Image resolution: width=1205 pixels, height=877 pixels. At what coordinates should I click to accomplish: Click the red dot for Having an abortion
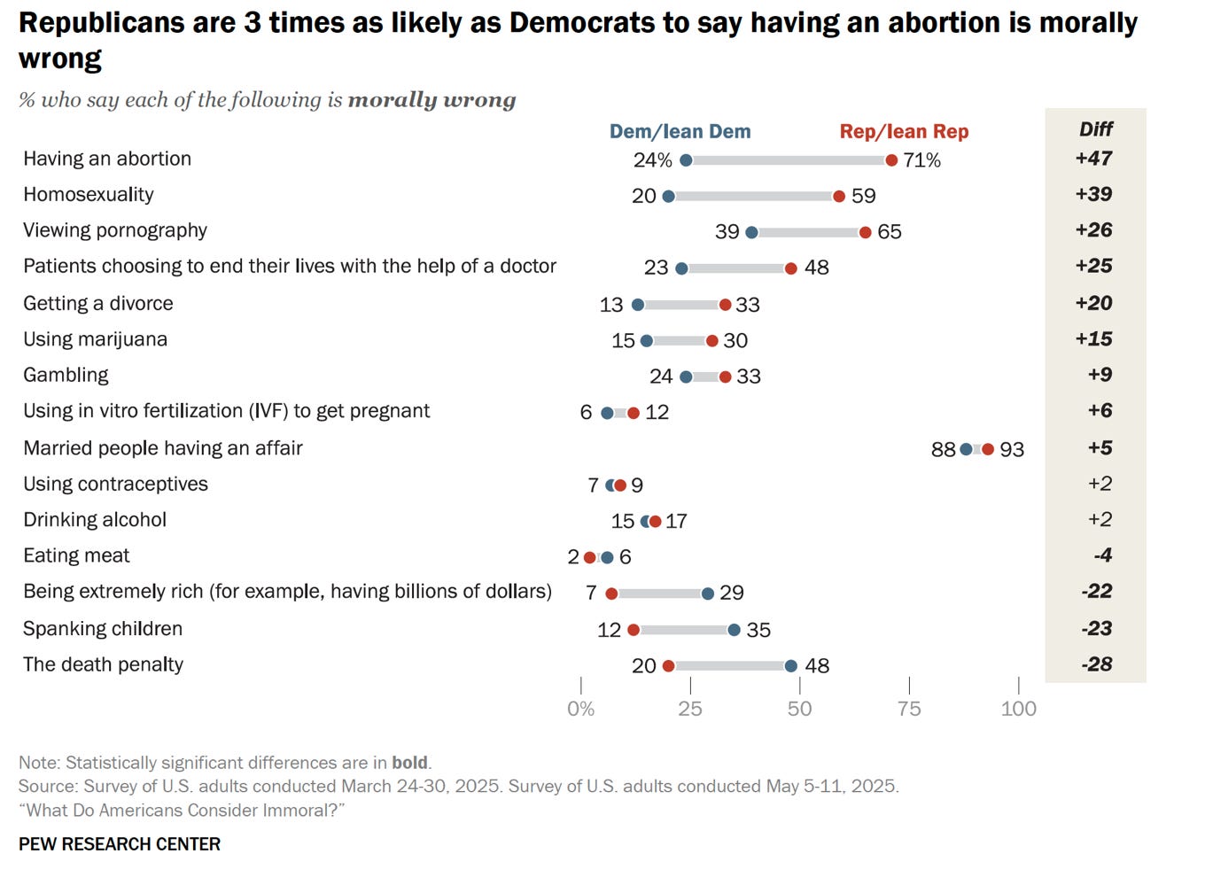click(x=891, y=160)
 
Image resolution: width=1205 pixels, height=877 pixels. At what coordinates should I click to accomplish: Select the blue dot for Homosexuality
click(x=668, y=196)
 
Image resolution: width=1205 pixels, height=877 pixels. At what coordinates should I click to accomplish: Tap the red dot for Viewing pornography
click(x=865, y=232)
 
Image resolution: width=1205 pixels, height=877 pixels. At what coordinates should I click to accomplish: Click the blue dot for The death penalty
click(x=790, y=666)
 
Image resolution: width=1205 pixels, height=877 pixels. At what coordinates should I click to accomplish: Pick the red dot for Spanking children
click(x=633, y=630)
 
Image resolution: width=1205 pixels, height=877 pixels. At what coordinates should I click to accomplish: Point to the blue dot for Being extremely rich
click(x=707, y=594)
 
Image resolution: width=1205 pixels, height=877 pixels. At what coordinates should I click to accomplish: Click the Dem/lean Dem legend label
click(x=680, y=132)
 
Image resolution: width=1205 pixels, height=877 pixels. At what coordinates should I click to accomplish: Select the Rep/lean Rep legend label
click(x=904, y=132)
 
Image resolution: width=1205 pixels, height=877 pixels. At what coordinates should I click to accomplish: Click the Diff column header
click(x=1095, y=129)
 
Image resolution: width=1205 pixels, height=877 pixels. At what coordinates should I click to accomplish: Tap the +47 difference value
click(x=1093, y=159)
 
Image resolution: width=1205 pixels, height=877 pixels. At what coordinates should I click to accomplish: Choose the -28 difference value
click(x=1096, y=664)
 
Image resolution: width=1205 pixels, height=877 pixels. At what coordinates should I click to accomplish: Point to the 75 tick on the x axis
click(x=909, y=709)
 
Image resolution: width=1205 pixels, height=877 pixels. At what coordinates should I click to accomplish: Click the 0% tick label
click(x=580, y=709)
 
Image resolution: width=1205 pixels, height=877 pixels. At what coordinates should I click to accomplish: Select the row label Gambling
click(x=66, y=375)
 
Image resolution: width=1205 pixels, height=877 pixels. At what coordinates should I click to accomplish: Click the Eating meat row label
click(x=76, y=555)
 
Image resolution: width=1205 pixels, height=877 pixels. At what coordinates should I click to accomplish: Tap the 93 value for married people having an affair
click(x=1012, y=450)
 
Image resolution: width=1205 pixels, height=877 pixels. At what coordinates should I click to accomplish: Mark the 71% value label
click(x=921, y=160)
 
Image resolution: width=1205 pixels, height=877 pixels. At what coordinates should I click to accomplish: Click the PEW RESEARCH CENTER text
click(x=120, y=844)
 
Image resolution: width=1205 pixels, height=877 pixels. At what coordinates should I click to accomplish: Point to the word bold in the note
click(x=410, y=763)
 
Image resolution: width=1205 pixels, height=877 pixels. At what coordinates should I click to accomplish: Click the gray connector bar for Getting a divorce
click(x=681, y=305)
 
